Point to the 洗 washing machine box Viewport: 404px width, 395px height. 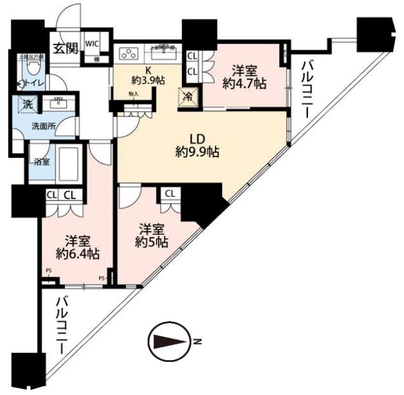28,102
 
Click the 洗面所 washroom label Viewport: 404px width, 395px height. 43,126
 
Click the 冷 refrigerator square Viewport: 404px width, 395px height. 190,97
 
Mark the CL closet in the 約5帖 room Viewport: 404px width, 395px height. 171,193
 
